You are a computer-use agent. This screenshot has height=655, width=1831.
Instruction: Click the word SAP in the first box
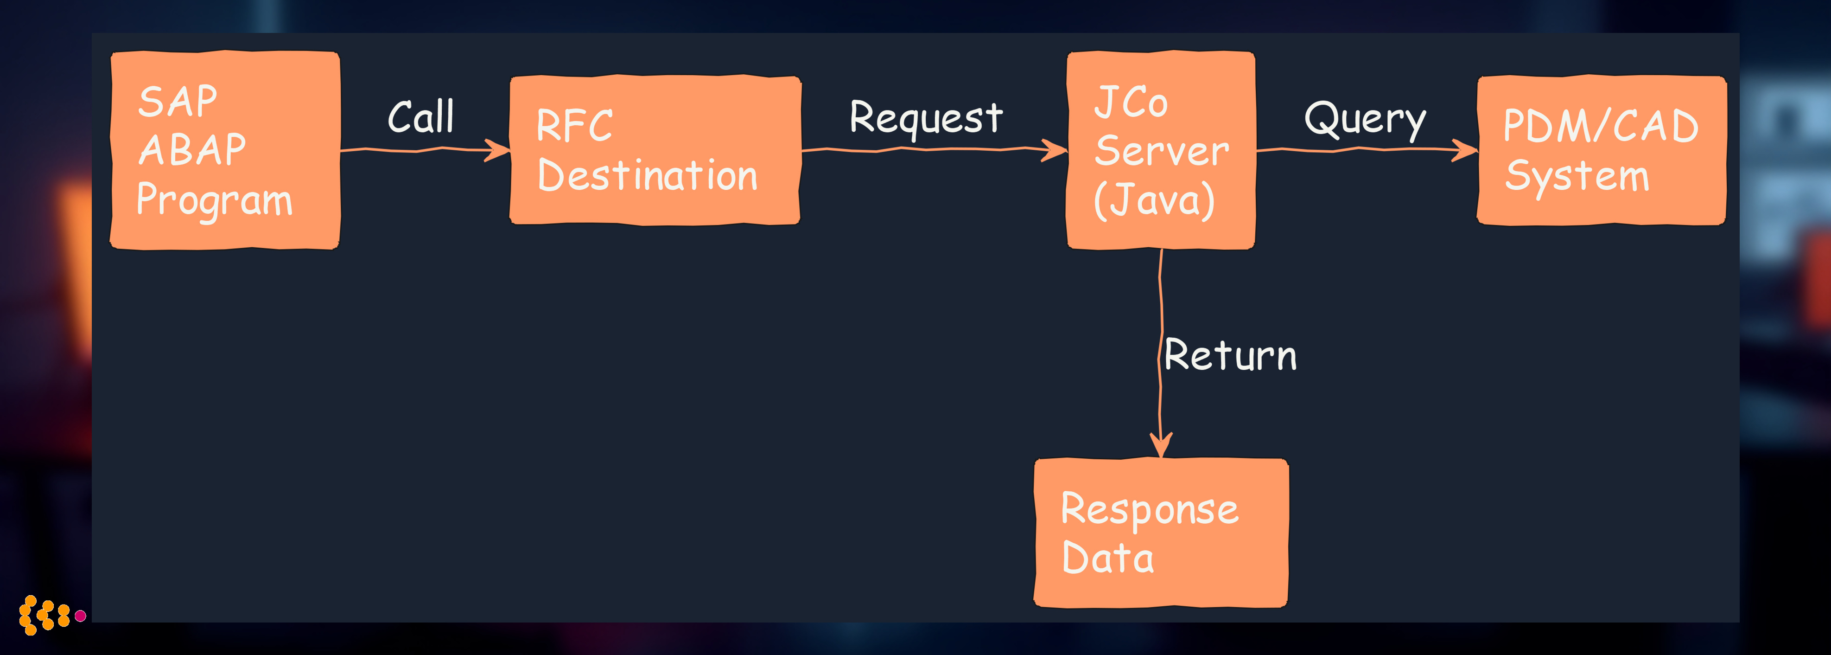pyautogui.click(x=178, y=102)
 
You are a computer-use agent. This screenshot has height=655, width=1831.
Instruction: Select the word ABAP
pyautogui.click(x=192, y=150)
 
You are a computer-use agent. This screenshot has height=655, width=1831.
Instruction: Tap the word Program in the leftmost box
pyautogui.click(x=214, y=200)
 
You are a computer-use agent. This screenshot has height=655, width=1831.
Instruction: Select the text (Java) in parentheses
pyautogui.click(x=1154, y=200)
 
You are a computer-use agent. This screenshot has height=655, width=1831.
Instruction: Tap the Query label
pyautogui.click(x=1365, y=119)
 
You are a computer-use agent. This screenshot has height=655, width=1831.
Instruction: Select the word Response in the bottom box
pyautogui.click(x=1149, y=510)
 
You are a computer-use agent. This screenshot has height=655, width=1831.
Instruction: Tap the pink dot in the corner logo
pyautogui.click(x=80, y=615)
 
